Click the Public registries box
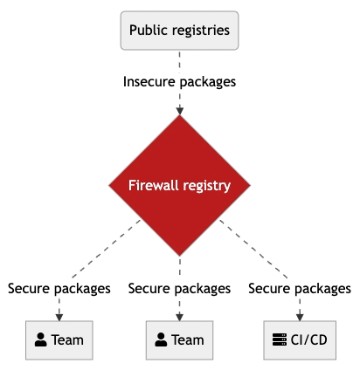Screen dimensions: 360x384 [179, 31]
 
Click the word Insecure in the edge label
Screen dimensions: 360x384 [149, 82]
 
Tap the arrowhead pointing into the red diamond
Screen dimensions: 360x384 [180, 111]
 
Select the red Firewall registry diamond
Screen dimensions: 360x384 [179, 185]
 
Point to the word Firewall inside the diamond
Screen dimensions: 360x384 [154, 185]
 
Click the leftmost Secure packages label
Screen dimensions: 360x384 [59, 289]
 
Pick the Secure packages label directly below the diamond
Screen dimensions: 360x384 [179, 289]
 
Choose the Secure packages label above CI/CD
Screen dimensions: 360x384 [300, 289]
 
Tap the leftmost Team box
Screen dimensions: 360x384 [59, 340]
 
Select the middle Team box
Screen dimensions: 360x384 [179, 340]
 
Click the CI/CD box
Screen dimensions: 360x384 [300, 340]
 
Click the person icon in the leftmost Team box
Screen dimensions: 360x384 [41, 339]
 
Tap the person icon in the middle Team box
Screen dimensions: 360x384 [161, 339]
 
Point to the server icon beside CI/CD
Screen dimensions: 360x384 [280, 339]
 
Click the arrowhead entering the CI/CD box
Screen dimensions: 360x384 [300, 318]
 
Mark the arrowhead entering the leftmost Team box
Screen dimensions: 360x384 [59, 318]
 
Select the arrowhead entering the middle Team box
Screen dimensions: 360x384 [180, 318]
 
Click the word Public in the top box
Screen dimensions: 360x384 [148, 30]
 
